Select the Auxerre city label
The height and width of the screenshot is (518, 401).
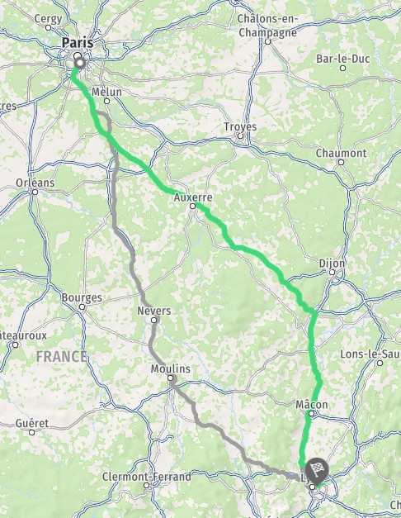[x=194, y=198]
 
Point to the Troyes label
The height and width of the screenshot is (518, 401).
[x=240, y=127]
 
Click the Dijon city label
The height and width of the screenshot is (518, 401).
[x=332, y=264]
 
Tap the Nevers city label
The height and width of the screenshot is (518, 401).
[x=154, y=311]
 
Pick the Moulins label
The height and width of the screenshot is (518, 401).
[x=171, y=368]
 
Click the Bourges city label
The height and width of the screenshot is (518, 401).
[x=82, y=297]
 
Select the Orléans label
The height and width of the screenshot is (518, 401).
[x=34, y=183]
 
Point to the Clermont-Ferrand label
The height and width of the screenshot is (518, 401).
[x=146, y=477]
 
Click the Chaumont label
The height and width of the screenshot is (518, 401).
[x=341, y=154]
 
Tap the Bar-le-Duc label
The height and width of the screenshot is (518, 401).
[x=341, y=59]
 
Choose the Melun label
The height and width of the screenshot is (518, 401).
[x=107, y=93]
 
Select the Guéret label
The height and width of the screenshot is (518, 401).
[x=32, y=423]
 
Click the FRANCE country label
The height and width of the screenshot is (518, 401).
[x=61, y=357]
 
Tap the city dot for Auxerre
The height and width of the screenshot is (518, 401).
[x=193, y=207]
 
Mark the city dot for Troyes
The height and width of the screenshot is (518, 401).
[x=240, y=136]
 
